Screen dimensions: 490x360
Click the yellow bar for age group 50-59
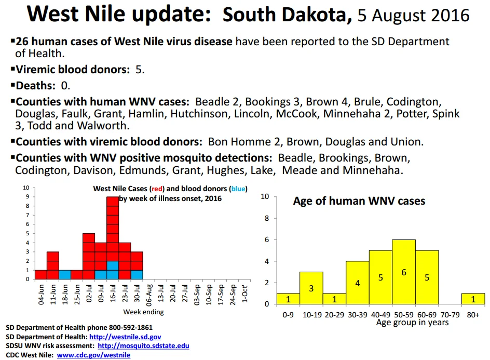404,272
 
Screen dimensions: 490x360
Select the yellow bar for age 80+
473,299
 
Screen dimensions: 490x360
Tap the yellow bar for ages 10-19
311,288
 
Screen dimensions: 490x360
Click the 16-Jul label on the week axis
113,293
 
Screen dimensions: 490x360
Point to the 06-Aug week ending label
149,295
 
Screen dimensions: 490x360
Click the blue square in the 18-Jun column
65,275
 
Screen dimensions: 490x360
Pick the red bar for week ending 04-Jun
41,275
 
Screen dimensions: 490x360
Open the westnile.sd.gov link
125,337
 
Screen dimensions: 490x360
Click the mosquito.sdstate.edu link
143,346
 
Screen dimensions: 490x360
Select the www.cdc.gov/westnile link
93,355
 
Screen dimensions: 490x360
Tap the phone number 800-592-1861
131,327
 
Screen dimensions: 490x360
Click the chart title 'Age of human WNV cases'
359,201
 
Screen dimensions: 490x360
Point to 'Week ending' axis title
143,312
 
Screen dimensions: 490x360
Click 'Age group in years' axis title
412,323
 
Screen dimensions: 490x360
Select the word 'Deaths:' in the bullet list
36,85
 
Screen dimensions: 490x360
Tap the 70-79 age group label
450,315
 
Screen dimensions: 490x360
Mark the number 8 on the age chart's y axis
267,218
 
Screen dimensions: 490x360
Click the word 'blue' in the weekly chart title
238,189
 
